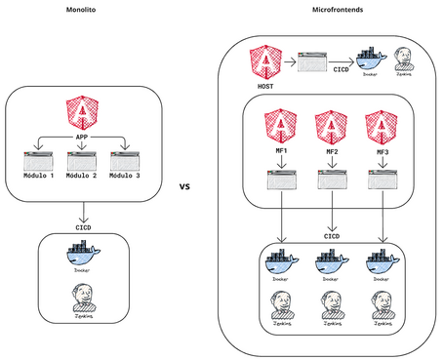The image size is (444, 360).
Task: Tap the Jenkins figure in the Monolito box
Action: pyautogui.click(x=83, y=293)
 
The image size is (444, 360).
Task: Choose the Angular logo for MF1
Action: pyautogui.click(x=280, y=127)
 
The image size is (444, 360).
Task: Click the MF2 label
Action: pyautogui.click(x=331, y=154)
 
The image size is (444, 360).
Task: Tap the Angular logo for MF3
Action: pyautogui.click(x=382, y=127)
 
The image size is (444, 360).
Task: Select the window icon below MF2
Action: pyautogui.click(x=331, y=180)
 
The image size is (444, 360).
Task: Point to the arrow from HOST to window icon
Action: pyautogui.click(x=290, y=65)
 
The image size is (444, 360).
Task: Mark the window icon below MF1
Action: pyautogui.click(x=280, y=180)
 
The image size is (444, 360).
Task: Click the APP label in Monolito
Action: pyautogui.click(x=83, y=138)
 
